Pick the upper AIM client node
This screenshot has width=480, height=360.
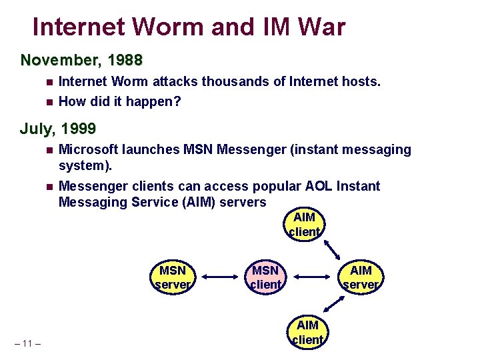[x=305, y=225]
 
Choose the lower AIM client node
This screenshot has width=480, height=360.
[x=307, y=332]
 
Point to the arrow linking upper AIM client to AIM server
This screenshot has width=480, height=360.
[x=343, y=249]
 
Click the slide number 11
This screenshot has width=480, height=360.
[x=27, y=343]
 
